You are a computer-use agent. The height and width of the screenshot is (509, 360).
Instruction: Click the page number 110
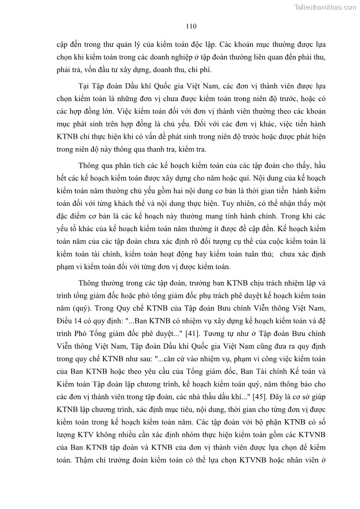click(190, 26)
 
